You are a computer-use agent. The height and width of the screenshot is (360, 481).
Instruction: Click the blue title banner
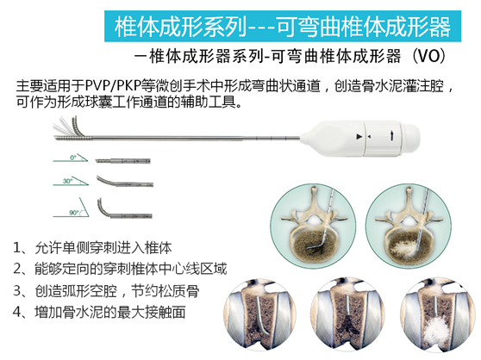pos(283,27)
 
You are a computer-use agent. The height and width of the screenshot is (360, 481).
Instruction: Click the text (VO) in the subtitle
pos(428,56)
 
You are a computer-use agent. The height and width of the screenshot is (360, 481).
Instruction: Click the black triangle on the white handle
pos(359,137)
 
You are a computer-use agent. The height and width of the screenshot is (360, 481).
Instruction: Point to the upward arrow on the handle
pos(391,136)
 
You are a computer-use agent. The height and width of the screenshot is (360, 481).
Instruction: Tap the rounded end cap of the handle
pos(410,136)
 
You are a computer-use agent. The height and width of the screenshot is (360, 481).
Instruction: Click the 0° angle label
pos(73,158)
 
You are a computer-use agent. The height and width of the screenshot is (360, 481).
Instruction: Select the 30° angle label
pos(67,181)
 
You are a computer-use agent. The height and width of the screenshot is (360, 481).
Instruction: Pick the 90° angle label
pos(74,213)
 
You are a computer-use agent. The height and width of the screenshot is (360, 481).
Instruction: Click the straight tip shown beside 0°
pos(122,161)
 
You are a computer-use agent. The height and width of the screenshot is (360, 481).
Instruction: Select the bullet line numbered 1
pos(92,247)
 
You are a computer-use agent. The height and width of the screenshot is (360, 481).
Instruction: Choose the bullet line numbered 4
pos(99,313)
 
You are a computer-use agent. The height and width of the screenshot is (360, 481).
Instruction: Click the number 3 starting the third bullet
pos(17,291)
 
